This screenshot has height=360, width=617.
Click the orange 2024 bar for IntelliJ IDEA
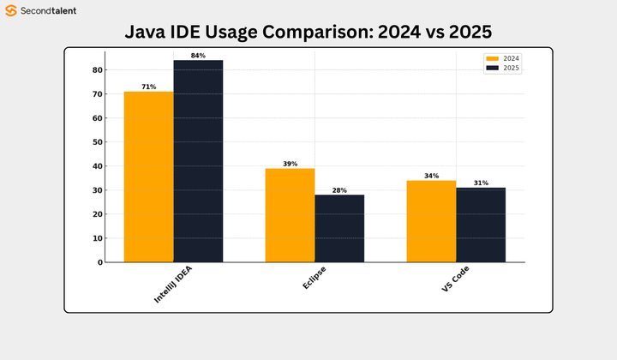(149, 177)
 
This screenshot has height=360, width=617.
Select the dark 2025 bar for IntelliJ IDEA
(198, 161)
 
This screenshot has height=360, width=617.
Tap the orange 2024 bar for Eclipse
(290, 215)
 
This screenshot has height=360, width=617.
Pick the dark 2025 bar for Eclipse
(339, 228)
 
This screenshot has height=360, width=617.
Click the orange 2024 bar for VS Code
(431, 221)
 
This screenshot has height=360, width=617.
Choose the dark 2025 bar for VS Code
(481, 225)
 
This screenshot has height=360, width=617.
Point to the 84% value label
(198, 56)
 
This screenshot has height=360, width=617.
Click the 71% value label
(149, 87)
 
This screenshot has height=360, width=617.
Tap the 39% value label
(290, 164)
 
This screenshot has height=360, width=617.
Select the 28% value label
(339, 190)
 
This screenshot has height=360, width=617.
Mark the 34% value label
(431, 176)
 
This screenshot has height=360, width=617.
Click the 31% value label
(481, 183)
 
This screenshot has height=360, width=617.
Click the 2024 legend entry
(503, 58)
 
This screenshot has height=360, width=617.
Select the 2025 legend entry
(503, 67)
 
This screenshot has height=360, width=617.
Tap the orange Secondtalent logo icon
(11, 11)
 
